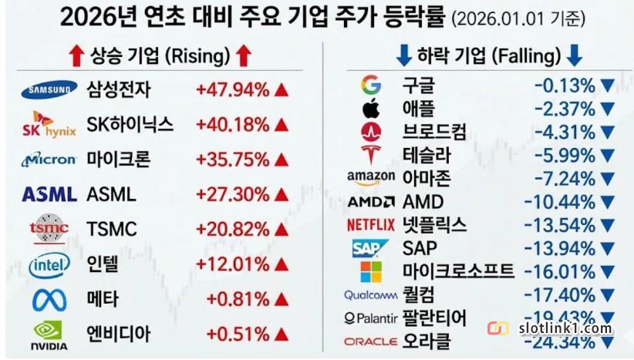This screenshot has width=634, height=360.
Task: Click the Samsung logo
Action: [49, 90]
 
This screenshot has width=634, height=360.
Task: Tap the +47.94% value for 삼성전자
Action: [232, 90]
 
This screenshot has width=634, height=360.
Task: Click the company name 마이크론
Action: [118, 160]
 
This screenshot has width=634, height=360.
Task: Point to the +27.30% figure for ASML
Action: [232, 194]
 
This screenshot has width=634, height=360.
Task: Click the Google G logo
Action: [371, 85]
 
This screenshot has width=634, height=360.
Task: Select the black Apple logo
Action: [371, 109]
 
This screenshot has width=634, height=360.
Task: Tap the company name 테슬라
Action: [427, 155]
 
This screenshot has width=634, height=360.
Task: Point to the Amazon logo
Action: [371, 179]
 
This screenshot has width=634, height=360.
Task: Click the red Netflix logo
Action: [371, 225]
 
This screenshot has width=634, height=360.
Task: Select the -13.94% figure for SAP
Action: [563, 248]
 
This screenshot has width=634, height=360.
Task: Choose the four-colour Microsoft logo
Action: [371, 271]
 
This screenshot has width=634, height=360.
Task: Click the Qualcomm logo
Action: [371, 294]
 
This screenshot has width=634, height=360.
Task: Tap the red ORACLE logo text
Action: [371, 341]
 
